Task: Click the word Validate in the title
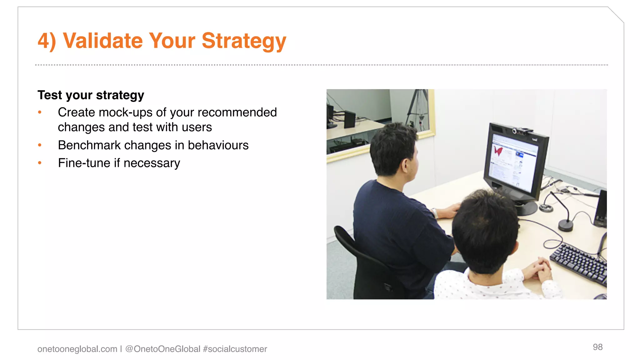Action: pos(103,41)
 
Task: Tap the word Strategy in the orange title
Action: pos(244,41)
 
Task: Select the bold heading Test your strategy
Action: pos(91,95)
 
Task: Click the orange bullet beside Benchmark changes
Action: pos(40,145)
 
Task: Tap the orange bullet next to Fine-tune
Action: pos(40,163)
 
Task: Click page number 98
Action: pos(597,347)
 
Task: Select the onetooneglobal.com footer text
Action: pos(77,349)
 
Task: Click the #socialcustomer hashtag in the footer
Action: pos(235,349)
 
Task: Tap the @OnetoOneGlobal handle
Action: pos(162,349)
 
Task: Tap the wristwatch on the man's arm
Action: pos(435,213)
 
